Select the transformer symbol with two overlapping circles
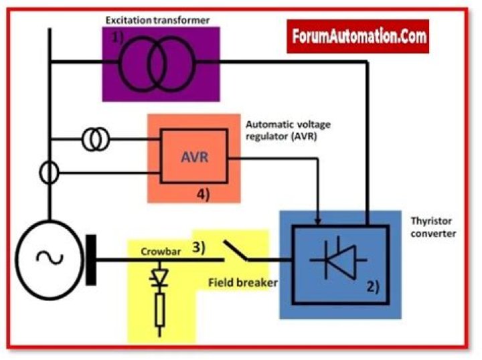159,63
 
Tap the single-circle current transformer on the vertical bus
49,174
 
